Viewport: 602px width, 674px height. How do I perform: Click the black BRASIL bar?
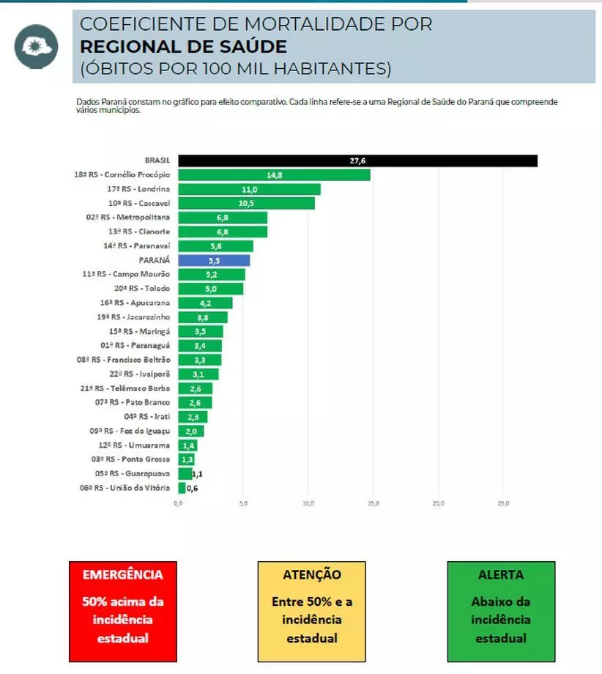(357, 161)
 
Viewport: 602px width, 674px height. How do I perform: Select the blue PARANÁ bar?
(214, 260)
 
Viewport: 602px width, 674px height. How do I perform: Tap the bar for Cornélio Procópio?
(274, 175)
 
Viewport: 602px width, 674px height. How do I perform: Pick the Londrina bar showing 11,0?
(249, 189)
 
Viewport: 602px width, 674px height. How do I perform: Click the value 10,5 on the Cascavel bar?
(246, 203)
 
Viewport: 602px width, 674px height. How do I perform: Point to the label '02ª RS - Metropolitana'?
(128, 218)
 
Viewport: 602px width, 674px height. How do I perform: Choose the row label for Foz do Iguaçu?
(130, 431)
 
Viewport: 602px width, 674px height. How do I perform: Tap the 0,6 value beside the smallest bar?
(192, 489)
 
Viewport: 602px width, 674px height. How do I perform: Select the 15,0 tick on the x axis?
(373, 504)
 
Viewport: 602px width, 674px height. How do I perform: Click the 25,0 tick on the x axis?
(503, 504)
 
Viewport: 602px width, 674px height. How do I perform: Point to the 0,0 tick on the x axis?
(178, 504)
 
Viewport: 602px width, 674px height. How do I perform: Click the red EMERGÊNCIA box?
(123, 611)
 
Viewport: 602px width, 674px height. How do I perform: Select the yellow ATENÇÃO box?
(311, 611)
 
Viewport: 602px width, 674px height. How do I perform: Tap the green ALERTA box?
(501, 611)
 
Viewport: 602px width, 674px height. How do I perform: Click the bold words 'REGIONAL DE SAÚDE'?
(183, 47)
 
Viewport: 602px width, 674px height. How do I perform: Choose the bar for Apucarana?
(205, 303)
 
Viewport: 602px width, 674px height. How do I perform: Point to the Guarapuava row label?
(130, 473)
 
